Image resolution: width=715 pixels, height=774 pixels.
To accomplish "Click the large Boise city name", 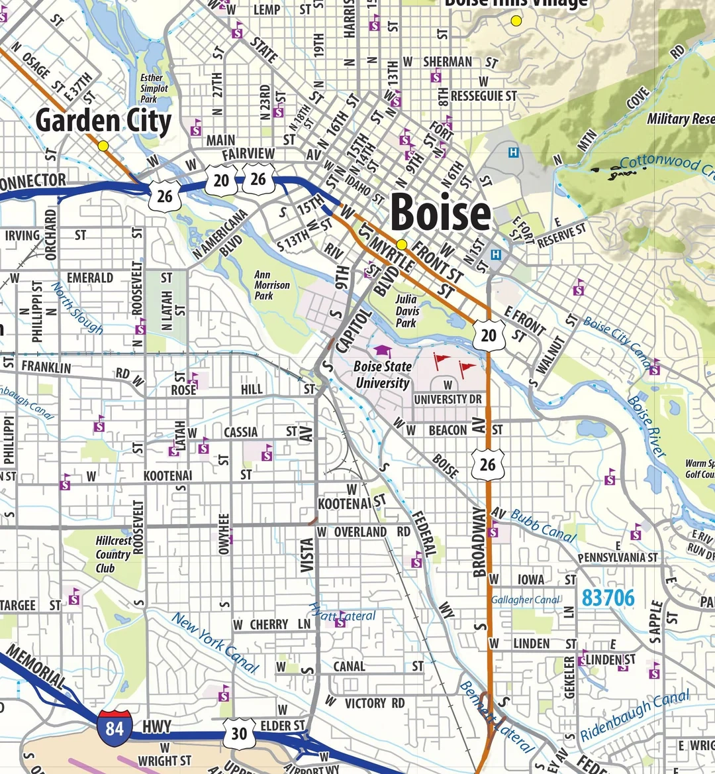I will pos(440,213).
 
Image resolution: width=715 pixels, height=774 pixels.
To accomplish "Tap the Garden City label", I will pos(103,121).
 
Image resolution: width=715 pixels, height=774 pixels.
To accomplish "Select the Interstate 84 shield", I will pos(114,728).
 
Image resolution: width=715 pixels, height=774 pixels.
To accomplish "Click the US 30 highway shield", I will pos(238,734).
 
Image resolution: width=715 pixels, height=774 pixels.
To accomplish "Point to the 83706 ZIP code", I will pos(608,598).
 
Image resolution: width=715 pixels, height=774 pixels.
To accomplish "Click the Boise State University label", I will pos(382,374).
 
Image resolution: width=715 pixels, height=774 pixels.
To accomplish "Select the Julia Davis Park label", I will pos(407,310).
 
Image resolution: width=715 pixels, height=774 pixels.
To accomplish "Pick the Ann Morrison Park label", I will pos(271,285).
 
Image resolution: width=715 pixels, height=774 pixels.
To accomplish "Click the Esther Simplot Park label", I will pos(154,88).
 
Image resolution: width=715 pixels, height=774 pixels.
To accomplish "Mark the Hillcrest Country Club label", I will pos(113,555).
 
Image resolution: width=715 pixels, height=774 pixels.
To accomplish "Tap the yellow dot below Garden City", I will pos(103,146).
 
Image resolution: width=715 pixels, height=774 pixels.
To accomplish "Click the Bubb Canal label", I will pos(543,526).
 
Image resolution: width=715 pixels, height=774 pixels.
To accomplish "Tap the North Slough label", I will pos(77,309).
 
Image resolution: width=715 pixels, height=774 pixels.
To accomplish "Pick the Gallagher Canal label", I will pos(526,600).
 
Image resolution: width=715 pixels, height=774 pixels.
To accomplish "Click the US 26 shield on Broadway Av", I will pos(487,464).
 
